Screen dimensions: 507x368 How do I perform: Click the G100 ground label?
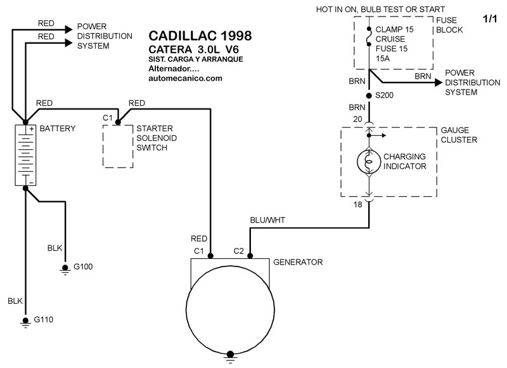pos(83,266)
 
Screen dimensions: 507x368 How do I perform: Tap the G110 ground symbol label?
pos(43,320)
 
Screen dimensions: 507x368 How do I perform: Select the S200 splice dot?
pos(369,95)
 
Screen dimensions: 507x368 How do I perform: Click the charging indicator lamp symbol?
pos(369,162)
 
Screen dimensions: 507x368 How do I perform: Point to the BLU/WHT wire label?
pos(267,220)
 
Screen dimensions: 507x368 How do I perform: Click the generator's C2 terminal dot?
pos(250,256)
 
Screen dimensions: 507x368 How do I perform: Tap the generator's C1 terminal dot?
pos(210,256)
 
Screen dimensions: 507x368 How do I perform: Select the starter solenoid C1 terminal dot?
pos(118,122)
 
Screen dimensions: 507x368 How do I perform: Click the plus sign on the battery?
pos(32,129)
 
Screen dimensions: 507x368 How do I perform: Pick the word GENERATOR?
pos(298,262)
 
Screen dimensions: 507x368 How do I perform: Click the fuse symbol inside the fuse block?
pos(369,36)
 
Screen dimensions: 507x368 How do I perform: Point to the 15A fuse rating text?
pos(383,58)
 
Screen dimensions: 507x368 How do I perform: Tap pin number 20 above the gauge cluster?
pos(357,119)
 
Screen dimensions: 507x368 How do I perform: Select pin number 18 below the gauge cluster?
pos(357,204)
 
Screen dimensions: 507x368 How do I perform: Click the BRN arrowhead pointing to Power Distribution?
pos(439,82)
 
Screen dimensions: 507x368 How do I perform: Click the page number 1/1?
pos(490,19)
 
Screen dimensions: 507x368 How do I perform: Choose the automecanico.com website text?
pos(185,78)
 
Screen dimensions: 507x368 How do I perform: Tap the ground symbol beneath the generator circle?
pos(230,357)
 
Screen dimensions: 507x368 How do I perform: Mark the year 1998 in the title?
pos(236,36)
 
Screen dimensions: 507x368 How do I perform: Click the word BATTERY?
pos(57,129)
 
